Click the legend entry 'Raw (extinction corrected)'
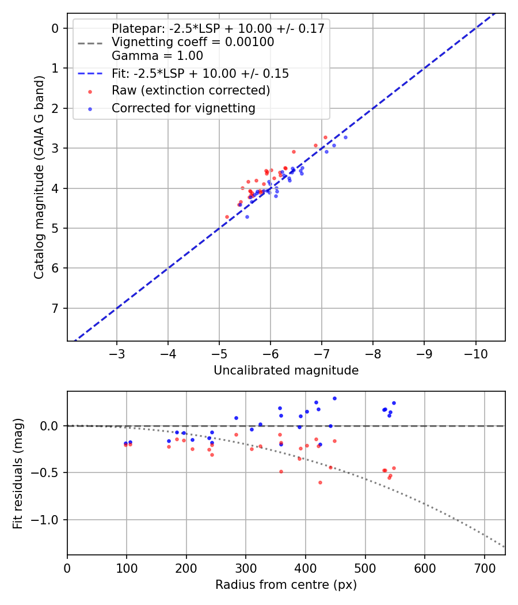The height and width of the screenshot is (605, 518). coord(191,90)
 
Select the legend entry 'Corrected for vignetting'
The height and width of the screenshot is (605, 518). coord(183,108)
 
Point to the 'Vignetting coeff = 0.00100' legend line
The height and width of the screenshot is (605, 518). coord(193,42)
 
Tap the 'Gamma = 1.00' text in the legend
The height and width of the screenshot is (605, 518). coord(157,56)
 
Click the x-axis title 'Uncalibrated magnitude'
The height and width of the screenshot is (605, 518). coord(286,370)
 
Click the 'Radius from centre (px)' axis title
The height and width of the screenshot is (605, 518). coord(286,585)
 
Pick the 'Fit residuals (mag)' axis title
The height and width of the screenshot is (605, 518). coord(18,474)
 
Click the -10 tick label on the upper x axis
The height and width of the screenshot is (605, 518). coord(475,353)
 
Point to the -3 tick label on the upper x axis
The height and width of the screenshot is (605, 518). coord(117,353)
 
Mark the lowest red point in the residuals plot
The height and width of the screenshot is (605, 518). coord(320,482)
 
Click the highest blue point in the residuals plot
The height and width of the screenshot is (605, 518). coord(334,398)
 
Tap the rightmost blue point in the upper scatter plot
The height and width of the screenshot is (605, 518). coord(345,137)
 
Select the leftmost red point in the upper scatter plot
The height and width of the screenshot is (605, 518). coord(227,217)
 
